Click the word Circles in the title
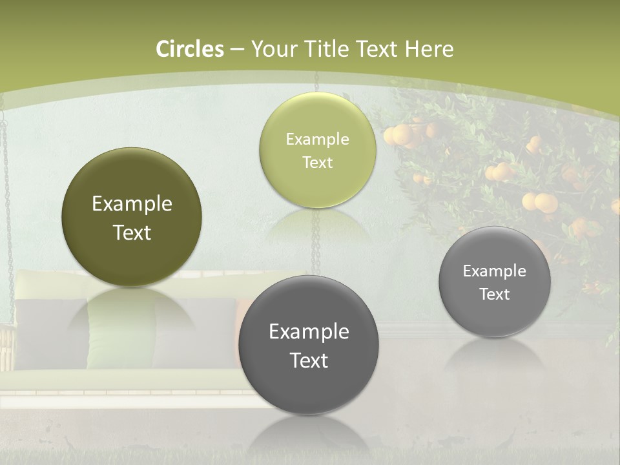(x=190, y=49)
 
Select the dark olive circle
(x=132, y=217)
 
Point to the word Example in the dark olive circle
(x=132, y=204)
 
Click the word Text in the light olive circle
(x=317, y=162)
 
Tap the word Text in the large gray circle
(x=309, y=360)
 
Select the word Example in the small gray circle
(x=495, y=271)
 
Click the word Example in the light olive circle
(x=317, y=139)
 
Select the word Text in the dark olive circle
(x=132, y=232)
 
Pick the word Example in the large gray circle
(x=309, y=332)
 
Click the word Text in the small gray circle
(x=495, y=294)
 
